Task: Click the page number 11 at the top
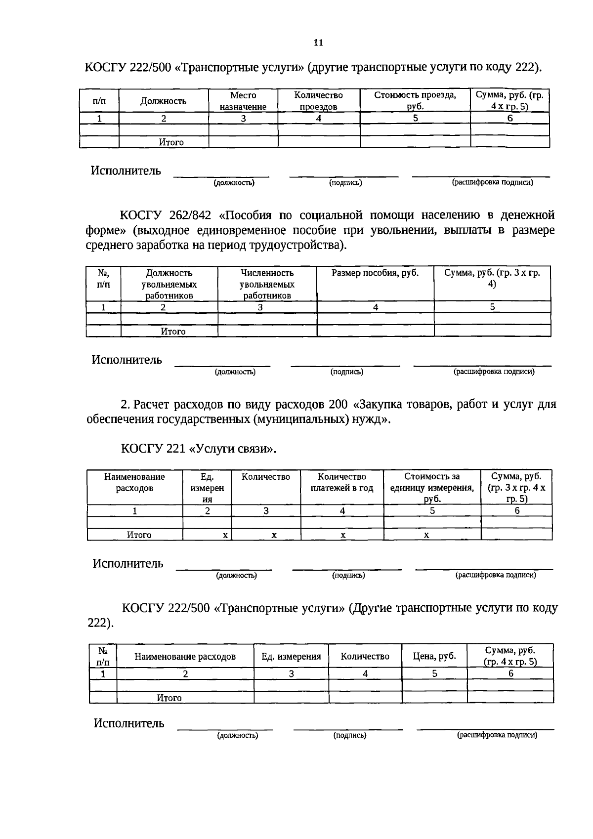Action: tap(318, 42)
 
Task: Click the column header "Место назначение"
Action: tap(243, 101)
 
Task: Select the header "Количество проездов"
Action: tap(319, 101)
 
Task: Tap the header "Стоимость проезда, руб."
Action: tap(415, 100)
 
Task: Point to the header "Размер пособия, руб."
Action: tap(375, 273)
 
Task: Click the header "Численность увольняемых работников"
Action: tap(267, 284)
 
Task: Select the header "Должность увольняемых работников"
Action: tap(169, 284)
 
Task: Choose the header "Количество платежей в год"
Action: tap(342, 482)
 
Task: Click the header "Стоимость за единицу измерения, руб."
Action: tap(432, 488)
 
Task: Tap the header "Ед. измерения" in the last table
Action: tap(291, 657)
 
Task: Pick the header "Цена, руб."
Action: tap(434, 656)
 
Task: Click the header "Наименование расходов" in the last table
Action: tap(185, 657)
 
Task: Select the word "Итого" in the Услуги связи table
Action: tap(139, 535)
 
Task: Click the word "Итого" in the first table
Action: tap(171, 142)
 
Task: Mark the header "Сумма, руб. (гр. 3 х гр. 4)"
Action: tap(492, 279)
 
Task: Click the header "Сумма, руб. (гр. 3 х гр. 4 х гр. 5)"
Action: tap(516, 488)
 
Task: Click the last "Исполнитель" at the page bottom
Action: tap(129, 724)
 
